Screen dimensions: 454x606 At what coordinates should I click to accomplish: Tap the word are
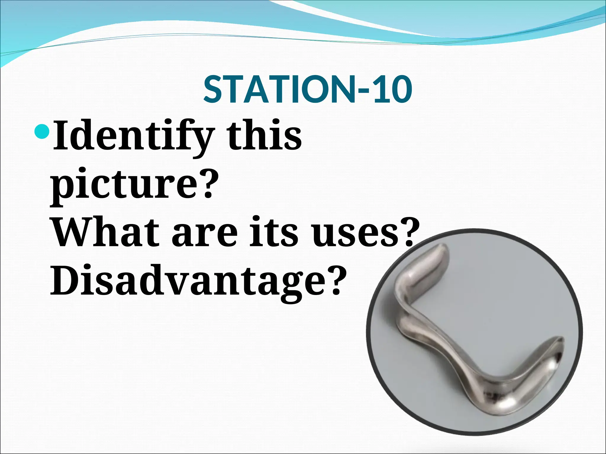[x=204, y=234]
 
